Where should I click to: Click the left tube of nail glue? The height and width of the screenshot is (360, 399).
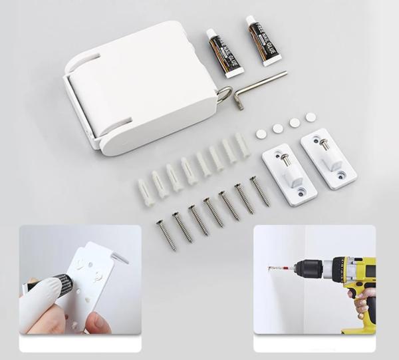pos(224,53)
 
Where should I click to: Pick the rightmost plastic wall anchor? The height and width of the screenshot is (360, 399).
pos(242,144)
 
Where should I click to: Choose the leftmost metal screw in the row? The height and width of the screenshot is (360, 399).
pos(166,236)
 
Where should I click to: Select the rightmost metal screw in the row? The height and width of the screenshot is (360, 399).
pos(259,190)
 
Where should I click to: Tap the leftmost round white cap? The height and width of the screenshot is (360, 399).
pos(261,134)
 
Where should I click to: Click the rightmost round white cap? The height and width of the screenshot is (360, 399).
pos(311,117)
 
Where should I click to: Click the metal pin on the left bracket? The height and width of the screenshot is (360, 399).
pos(284,160)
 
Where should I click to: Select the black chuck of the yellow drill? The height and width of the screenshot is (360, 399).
pos(308,269)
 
